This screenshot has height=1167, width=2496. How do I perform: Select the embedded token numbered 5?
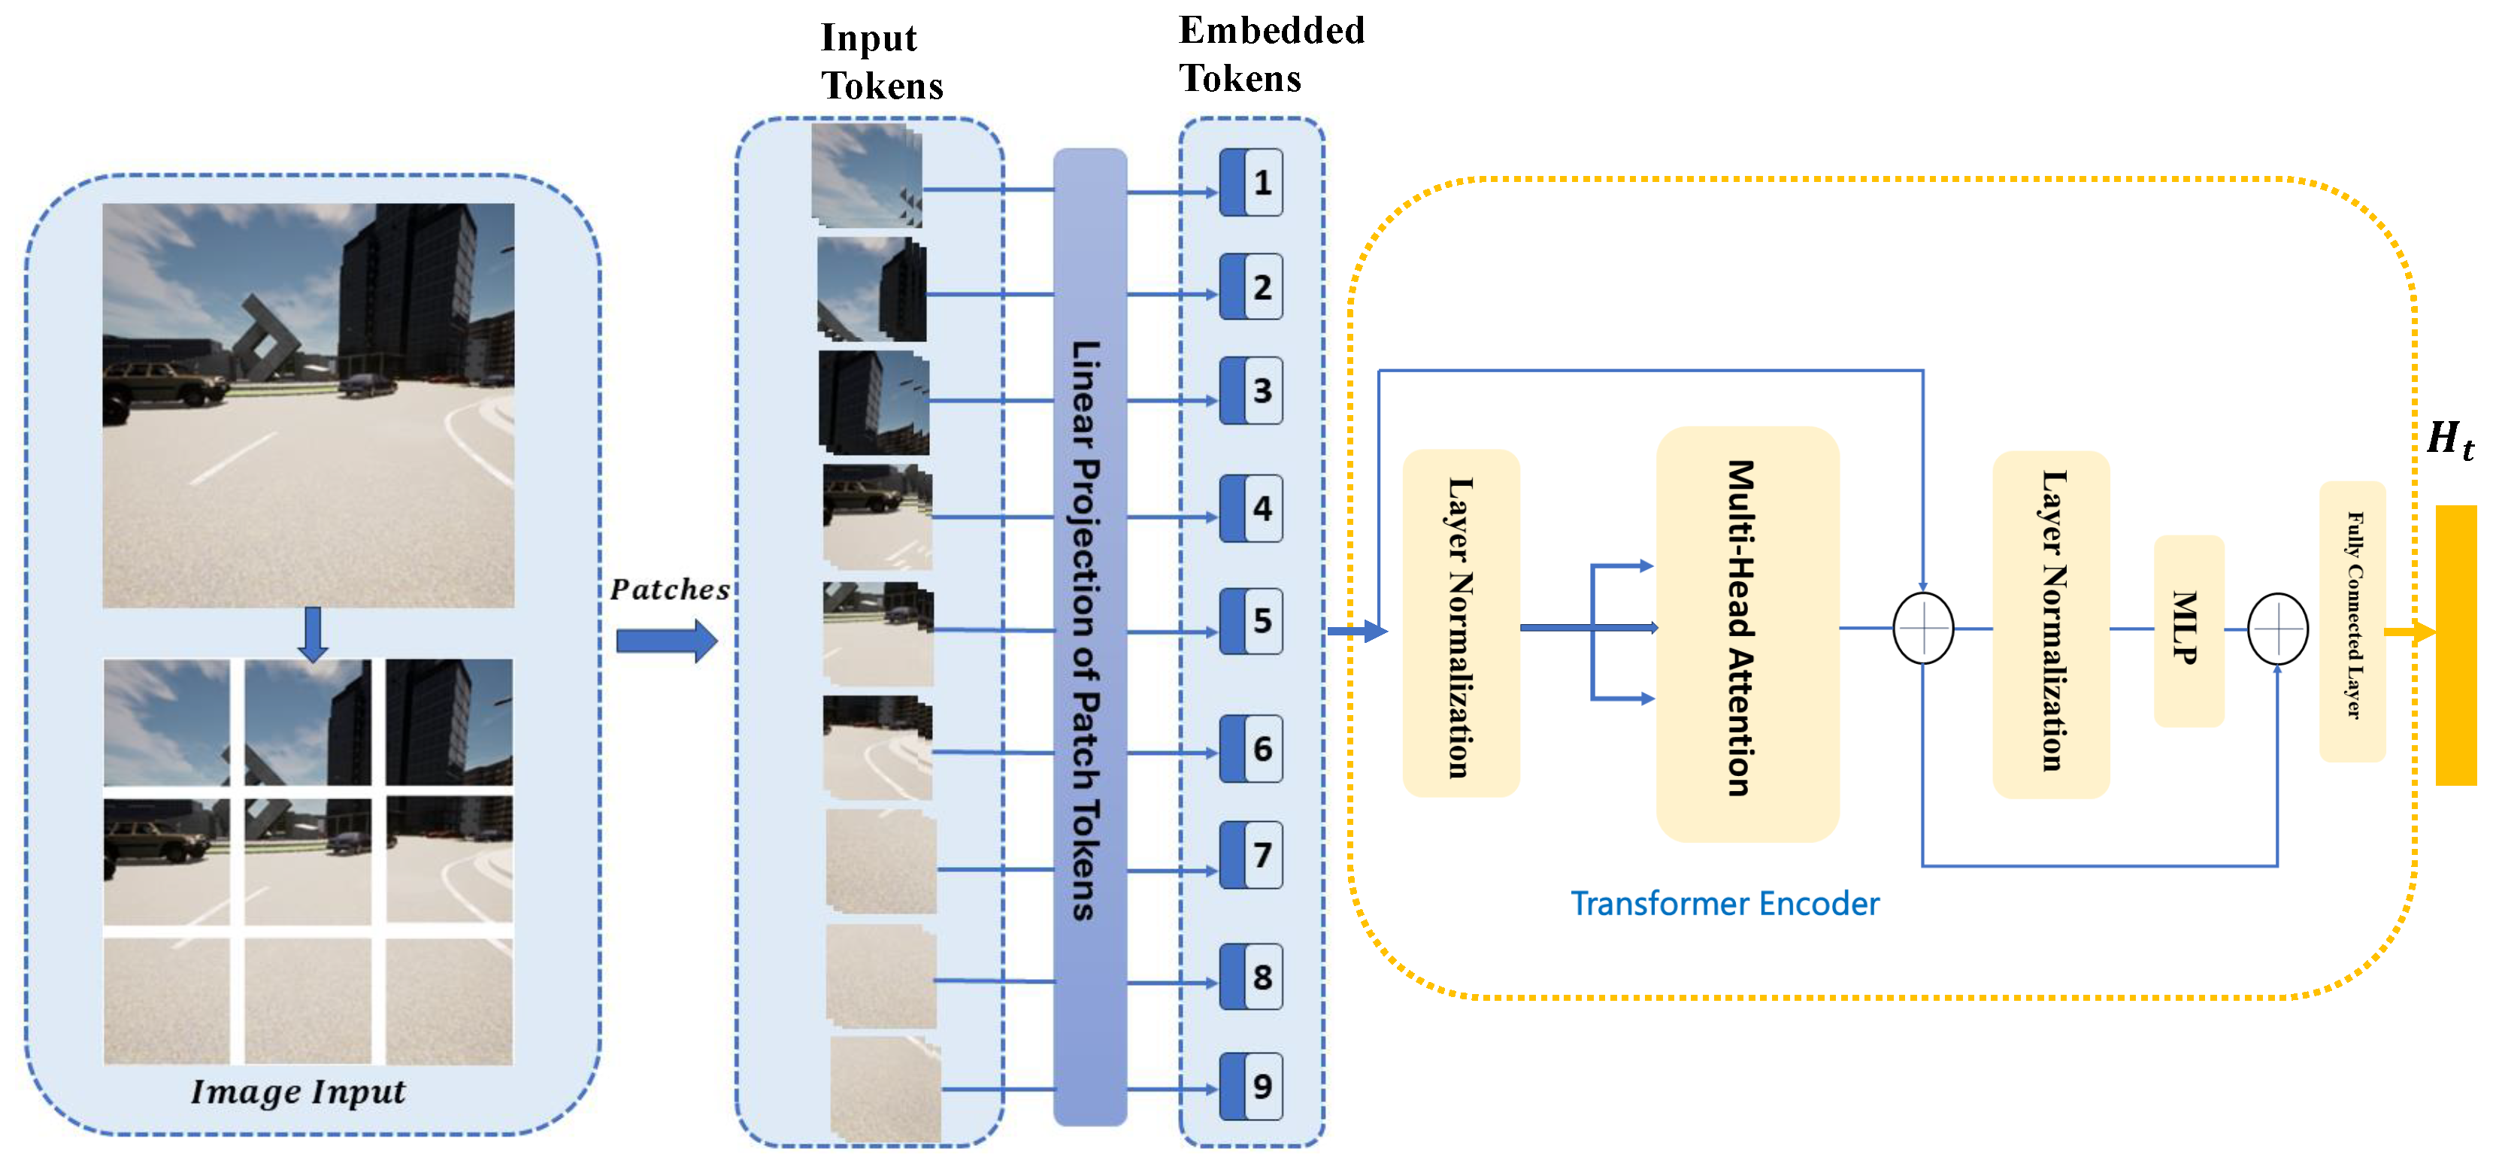[x=1251, y=620]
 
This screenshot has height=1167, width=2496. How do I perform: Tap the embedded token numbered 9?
[x=1251, y=1086]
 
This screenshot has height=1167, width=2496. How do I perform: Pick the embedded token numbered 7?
[x=1251, y=855]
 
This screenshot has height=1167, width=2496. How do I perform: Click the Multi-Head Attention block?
[x=1747, y=632]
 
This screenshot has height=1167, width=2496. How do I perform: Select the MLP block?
[x=2188, y=630]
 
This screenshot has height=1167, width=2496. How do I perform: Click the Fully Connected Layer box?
[x=2352, y=620]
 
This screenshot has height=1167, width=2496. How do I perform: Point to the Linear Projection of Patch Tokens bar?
[x=1089, y=635]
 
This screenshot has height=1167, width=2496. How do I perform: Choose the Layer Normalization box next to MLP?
[x=2050, y=624]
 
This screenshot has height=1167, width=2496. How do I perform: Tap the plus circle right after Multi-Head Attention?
[x=1922, y=628]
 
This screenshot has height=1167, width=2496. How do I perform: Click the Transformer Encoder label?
[x=1724, y=903]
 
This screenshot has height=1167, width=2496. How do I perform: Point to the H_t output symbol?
[x=2449, y=439]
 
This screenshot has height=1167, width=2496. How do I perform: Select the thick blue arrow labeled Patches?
[x=667, y=640]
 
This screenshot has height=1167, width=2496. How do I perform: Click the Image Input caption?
[x=298, y=1091]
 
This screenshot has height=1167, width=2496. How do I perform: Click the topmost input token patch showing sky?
[x=866, y=175]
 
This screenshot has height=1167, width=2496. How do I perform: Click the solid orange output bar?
[x=2455, y=644]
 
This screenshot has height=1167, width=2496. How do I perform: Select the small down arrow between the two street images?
[x=312, y=634]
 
